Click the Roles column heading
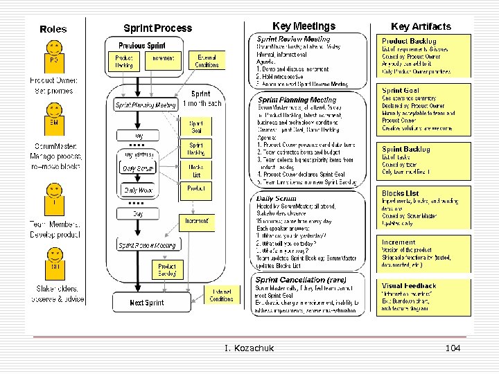(x=53, y=29)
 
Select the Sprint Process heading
(x=157, y=28)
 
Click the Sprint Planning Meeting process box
(x=146, y=105)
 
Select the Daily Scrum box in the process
(x=138, y=168)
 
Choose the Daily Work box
(x=138, y=189)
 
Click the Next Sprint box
(x=146, y=302)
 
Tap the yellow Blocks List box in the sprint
(x=196, y=170)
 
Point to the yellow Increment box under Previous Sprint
(x=164, y=59)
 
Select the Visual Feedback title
(x=409, y=285)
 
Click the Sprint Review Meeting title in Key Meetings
(x=293, y=39)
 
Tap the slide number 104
(x=453, y=348)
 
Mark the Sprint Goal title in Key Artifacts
(x=401, y=91)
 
